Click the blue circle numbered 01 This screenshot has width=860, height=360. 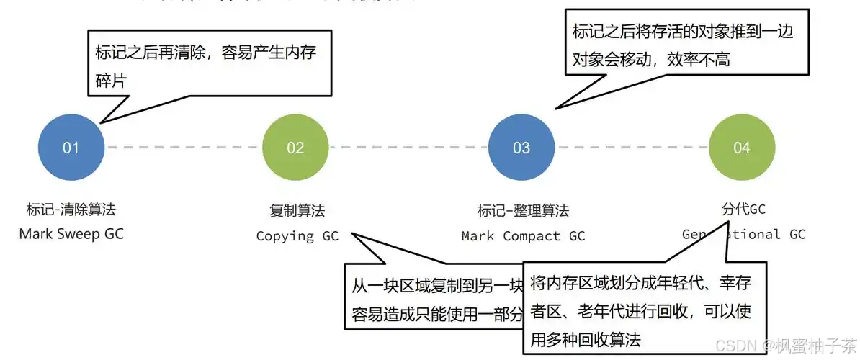click(71, 148)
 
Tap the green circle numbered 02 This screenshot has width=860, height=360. click(295, 148)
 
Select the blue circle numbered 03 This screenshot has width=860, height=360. click(521, 148)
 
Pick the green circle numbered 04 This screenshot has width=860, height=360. click(742, 148)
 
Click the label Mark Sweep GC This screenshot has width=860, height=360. click(71, 234)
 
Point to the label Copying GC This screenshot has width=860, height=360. click(297, 235)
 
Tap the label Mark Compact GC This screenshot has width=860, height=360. click(523, 235)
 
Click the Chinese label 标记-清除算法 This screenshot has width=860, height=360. click(71, 210)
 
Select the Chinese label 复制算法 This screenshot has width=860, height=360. click(297, 211)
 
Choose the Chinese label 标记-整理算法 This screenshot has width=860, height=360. click(523, 211)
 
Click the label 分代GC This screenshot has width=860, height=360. click(743, 210)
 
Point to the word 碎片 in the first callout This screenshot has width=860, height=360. click(111, 81)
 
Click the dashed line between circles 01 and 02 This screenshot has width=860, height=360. click(183, 148)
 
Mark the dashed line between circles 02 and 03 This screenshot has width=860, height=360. click(408, 148)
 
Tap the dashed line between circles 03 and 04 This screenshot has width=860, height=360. click(632, 148)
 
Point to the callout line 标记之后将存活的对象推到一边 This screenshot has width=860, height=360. click(682, 32)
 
